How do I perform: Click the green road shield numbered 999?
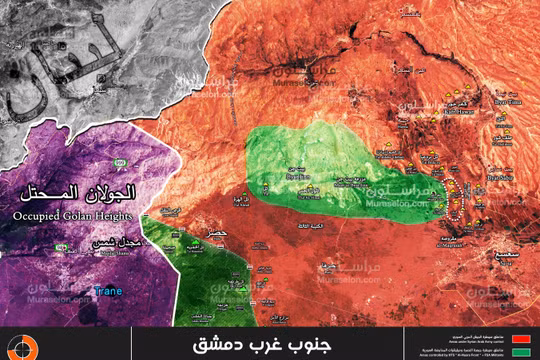click(x=119, y=162)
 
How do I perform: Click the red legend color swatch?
click(x=520, y=337)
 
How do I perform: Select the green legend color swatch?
click(x=520, y=351)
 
